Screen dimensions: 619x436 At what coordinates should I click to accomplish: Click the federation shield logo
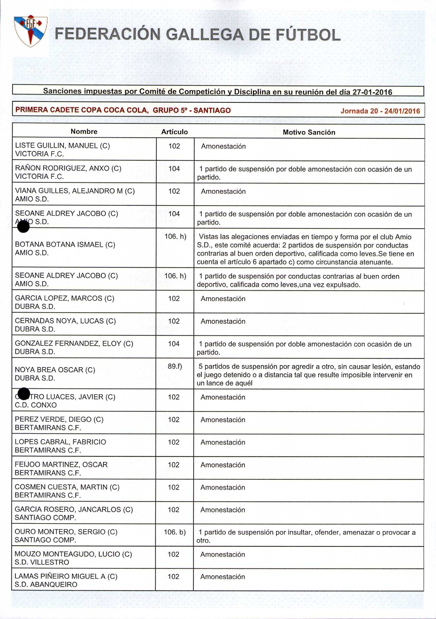pos(31,31)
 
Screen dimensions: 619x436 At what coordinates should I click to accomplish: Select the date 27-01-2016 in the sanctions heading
pos(372,92)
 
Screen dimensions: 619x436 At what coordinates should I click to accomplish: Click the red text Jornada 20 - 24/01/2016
pos(380,111)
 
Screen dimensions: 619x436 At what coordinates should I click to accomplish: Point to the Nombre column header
pos(84,132)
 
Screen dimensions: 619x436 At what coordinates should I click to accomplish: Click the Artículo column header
pos(175,132)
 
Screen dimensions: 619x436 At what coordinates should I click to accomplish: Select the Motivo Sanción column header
pos(309,132)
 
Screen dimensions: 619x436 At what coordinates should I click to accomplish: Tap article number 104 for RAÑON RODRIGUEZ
pos(174,169)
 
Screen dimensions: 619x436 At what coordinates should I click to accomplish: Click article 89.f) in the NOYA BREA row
pos(175,366)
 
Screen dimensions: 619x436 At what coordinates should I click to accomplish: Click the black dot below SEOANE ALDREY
pos(23,227)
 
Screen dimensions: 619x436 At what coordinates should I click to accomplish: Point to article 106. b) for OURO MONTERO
pos(175,532)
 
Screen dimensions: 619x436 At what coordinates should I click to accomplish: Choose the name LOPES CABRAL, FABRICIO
pos(60,442)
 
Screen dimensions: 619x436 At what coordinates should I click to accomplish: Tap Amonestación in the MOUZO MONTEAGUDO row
pos(223,554)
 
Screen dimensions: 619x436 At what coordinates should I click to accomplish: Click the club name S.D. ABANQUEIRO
pos(46,584)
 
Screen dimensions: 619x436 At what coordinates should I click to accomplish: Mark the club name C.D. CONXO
pos(36,405)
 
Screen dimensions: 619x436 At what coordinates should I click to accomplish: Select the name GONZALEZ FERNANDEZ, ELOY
pos(74,344)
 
